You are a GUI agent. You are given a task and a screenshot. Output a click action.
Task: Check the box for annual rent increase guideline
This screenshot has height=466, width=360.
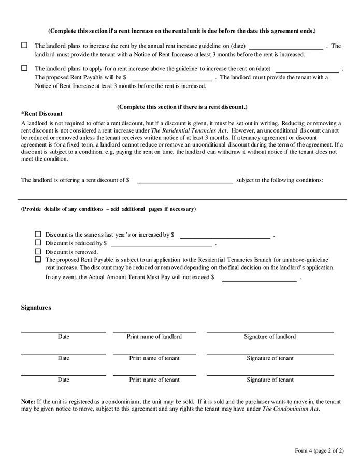tap(24, 46)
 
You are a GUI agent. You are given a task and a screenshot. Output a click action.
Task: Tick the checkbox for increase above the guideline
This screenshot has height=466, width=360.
tap(24, 68)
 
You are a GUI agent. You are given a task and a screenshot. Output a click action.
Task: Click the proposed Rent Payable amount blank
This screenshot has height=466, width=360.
tap(172, 78)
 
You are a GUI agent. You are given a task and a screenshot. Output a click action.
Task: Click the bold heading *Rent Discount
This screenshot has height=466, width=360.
tap(41, 114)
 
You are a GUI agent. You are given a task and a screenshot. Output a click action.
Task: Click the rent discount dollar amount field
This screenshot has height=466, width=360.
tap(184, 180)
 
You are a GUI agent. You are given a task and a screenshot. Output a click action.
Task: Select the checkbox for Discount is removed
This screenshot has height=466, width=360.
tap(38, 251)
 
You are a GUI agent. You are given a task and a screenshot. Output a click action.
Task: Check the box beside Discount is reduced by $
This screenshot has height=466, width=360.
tap(38, 242)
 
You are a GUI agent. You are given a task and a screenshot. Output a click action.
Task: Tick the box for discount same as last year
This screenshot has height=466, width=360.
tap(38, 234)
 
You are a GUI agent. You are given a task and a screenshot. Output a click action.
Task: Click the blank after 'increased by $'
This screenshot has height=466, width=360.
tap(224, 235)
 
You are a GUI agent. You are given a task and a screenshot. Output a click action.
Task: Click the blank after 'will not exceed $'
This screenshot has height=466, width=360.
tap(259, 278)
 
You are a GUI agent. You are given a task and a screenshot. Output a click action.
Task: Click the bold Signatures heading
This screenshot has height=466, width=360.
tap(36, 308)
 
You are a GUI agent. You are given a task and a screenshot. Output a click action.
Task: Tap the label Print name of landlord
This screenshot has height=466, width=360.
tap(154, 337)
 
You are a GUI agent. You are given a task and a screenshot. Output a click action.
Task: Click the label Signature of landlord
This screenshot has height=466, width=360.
tap(270, 337)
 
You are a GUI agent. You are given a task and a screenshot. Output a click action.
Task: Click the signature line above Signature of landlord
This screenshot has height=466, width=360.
tap(270, 331)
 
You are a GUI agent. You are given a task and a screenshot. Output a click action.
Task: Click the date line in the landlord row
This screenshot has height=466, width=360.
tap(63, 331)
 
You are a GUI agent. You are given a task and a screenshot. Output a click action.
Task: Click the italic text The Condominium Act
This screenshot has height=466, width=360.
tap(290, 409)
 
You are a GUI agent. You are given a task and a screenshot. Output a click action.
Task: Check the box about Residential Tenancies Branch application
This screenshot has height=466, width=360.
tap(38, 259)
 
